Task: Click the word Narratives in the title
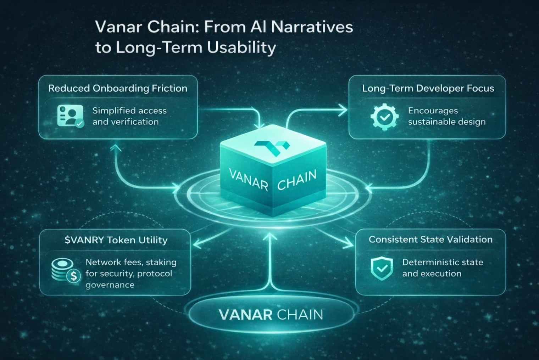[312, 27]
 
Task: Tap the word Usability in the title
[241, 47]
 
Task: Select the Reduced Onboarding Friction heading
[118, 88]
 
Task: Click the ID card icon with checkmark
[70, 116]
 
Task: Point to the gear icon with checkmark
[384, 117]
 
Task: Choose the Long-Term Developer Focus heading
[428, 88]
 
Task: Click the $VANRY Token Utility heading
[116, 240]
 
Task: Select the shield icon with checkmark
[382, 269]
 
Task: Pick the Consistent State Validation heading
[430, 240]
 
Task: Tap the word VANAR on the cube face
[249, 179]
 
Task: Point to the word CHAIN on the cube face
[296, 180]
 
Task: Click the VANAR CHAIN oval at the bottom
[271, 315]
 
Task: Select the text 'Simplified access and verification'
[129, 116]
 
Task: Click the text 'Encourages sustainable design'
[446, 116]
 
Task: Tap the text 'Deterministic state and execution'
[442, 268]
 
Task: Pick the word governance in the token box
[110, 285]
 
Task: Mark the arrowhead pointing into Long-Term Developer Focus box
[344, 110]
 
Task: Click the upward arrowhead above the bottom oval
[271, 237]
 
